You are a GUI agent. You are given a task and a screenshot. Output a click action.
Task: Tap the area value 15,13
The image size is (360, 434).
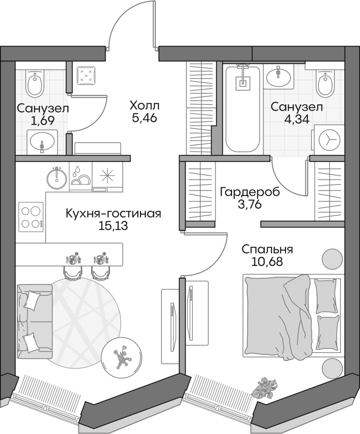pyautogui.click(x=114, y=225)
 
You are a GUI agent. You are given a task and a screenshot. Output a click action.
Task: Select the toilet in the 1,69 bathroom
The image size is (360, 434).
pyautogui.click(x=34, y=83)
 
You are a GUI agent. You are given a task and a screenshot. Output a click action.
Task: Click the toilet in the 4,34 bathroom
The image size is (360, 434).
pyautogui.click(x=325, y=83)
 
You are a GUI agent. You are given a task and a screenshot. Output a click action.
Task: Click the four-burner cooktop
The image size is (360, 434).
pyautogui.click(x=31, y=217)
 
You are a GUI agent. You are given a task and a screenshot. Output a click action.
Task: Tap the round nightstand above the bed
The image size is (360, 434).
pyautogui.click(x=332, y=258)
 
